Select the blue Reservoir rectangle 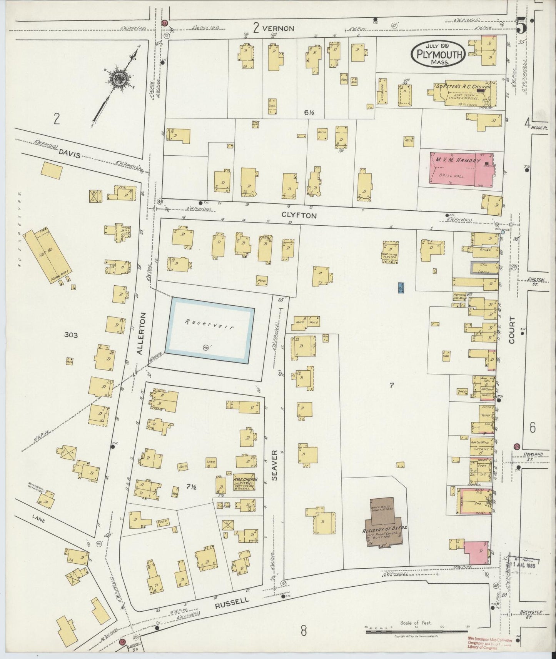pyautogui.click(x=210, y=330)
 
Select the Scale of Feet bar pyautogui.click(x=416, y=631)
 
